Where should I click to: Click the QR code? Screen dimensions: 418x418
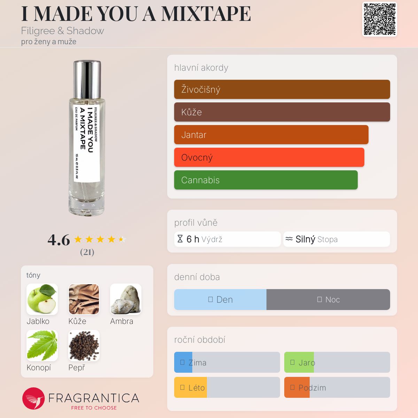coord(380,19)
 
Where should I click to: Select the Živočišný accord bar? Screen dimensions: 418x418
coord(282,90)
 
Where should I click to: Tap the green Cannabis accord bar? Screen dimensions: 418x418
coord(266,180)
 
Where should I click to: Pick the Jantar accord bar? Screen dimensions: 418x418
coord(271,135)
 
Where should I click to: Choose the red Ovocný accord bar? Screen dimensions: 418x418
coord(269,157)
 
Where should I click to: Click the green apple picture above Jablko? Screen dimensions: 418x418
coord(42,299)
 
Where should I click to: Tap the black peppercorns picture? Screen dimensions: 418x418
coord(84,346)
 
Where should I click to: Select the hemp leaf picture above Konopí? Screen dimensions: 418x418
coord(42,346)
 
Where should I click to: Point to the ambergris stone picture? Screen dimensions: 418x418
coord(126,299)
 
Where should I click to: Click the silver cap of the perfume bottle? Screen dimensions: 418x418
coord(87,79)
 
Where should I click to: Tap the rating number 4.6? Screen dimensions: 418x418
coord(59,240)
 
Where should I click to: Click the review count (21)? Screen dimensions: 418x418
coord(87,252)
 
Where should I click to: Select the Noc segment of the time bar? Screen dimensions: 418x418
coord(328,300)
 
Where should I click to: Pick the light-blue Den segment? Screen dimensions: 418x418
coord(220,300)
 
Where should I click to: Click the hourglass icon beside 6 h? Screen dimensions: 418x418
coord(180,239)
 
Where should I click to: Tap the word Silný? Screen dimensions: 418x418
coord(305,239)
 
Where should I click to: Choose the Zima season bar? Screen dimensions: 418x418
coord(227,362)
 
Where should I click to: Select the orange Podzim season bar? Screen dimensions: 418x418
coord(337,387)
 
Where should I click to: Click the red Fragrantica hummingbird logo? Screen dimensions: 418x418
coord(33,398)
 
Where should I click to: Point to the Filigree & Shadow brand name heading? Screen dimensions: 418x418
coord(62,31)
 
